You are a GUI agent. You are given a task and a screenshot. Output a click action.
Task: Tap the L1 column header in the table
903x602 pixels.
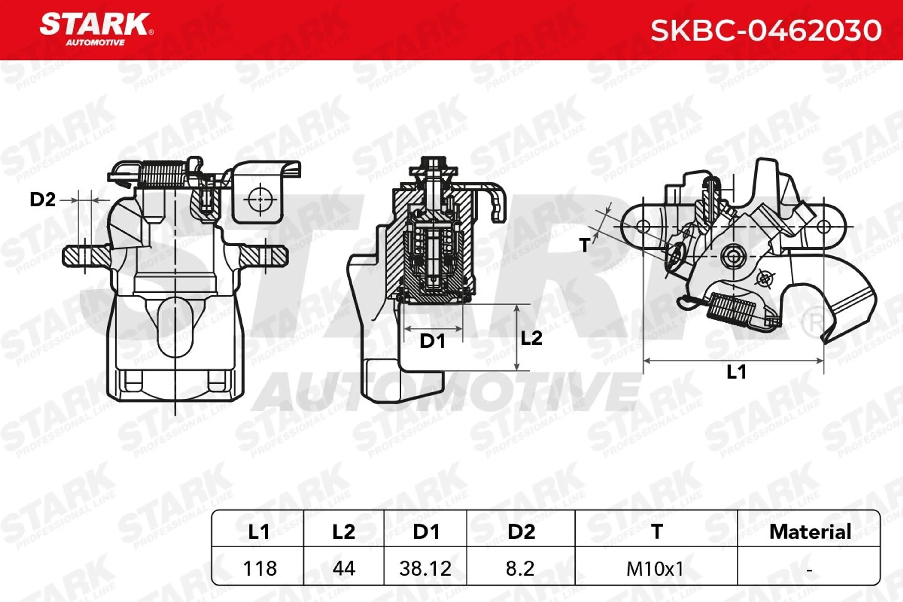tap(258, 532)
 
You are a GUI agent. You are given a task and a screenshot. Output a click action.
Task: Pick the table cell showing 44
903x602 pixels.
tap(344, 568)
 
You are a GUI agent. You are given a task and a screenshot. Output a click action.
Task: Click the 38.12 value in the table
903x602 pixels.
tap(425, 568)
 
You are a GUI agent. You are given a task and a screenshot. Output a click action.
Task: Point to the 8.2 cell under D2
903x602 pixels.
tap(520, 568)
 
